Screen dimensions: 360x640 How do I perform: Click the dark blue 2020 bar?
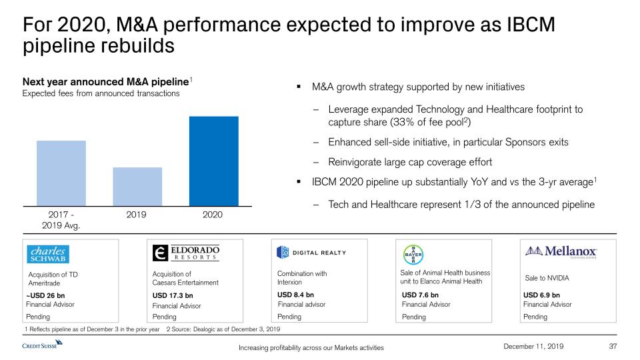(213, 161)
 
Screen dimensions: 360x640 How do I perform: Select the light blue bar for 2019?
(137, 187)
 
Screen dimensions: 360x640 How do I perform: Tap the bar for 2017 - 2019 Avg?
(61, 173)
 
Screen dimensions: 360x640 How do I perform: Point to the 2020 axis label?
(213, 215)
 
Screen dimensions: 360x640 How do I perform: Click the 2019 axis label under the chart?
(137, 215)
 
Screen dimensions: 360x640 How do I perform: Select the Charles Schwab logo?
(48, 254)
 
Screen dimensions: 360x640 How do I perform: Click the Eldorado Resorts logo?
(186, 253)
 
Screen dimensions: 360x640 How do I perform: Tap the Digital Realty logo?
(312, 252)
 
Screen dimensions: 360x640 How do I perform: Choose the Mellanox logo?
(562, 251)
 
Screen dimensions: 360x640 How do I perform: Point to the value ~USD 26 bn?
(45, 295)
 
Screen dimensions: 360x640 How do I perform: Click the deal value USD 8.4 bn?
(295, 294)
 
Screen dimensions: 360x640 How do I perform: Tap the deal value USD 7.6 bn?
(420, 295)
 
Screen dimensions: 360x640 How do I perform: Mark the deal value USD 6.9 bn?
(542, 295)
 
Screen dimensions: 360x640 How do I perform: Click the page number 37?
(614, 345)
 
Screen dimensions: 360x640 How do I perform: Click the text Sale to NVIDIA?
(547, 277)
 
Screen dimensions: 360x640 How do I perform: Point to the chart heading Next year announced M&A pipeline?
(105, 81)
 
